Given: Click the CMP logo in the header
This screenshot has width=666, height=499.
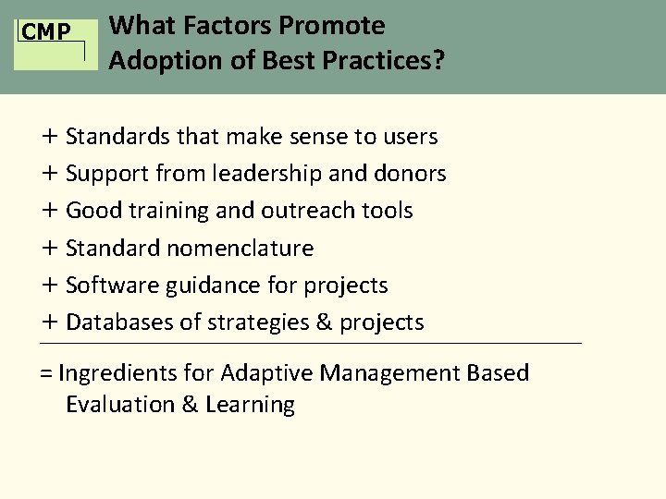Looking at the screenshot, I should [x=46, y=33].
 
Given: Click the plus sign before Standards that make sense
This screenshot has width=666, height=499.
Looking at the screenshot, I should [x=49, y=137].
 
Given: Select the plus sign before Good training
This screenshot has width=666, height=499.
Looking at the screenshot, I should [x=49, y=211].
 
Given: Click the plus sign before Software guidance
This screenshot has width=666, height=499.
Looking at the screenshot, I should [x=49, y=286].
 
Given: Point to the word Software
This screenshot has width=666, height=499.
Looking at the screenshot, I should [x=112, y=286].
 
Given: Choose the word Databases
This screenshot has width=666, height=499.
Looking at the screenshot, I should [x=120, y=323].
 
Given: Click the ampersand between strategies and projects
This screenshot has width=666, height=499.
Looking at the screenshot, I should [x=324, y=323].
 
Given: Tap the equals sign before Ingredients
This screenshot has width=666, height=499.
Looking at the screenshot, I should [x=45, y=373].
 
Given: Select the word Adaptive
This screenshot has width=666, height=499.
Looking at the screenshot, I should [x=267, y=373].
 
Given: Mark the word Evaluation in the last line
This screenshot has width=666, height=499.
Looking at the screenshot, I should [x=119, y=405].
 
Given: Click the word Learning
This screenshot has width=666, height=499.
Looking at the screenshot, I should [x=250, y=405].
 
